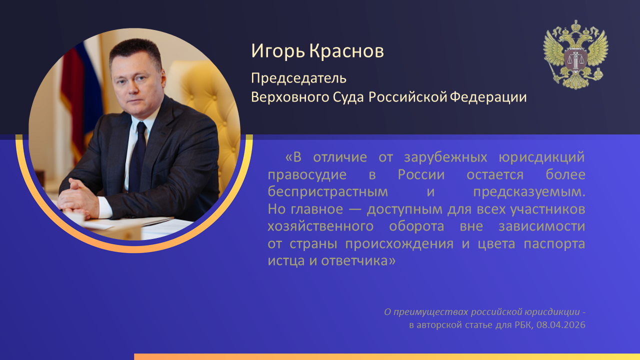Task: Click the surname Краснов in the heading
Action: point(346,51)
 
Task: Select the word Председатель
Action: point(298,78)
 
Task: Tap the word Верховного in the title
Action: point(290,97)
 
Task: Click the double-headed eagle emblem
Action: point(575,54)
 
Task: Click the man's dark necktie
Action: point(138,156)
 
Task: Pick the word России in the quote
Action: point(421,174)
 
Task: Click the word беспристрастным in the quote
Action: point(327,192)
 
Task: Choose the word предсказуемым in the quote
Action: point(529,192)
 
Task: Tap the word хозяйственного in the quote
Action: point(320,226)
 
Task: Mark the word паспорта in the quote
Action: point(554,244)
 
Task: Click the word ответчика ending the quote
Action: point(358,261)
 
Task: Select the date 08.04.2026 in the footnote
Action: point(561,325)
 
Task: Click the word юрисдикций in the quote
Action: point(541,157)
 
